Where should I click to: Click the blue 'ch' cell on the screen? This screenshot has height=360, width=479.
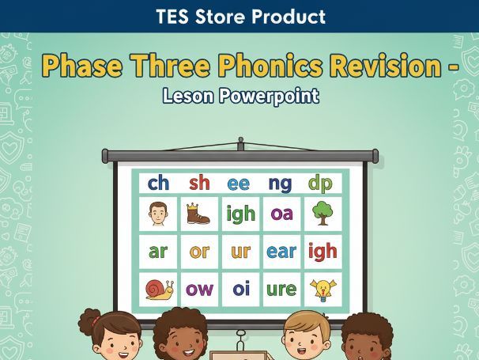[x=158, y=184]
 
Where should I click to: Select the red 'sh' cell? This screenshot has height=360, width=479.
[x=199, y=184]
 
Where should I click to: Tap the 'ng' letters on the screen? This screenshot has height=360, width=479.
[x=280, y=184]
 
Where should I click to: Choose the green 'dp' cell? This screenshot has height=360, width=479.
[x=321, y=184]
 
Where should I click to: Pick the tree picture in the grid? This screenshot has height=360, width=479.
[x=321, y=214]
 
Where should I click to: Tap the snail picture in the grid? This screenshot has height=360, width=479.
[x=159, y=289]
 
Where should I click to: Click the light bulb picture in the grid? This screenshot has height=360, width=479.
[x=322, y=289]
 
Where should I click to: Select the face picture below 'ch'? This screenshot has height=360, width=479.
[x=158, y=214]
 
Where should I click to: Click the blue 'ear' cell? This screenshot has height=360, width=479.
[x=281, y=252]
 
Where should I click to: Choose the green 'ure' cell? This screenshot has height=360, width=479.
[x=281, y=289]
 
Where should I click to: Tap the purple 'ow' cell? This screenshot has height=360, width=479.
[x=199, y=289]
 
